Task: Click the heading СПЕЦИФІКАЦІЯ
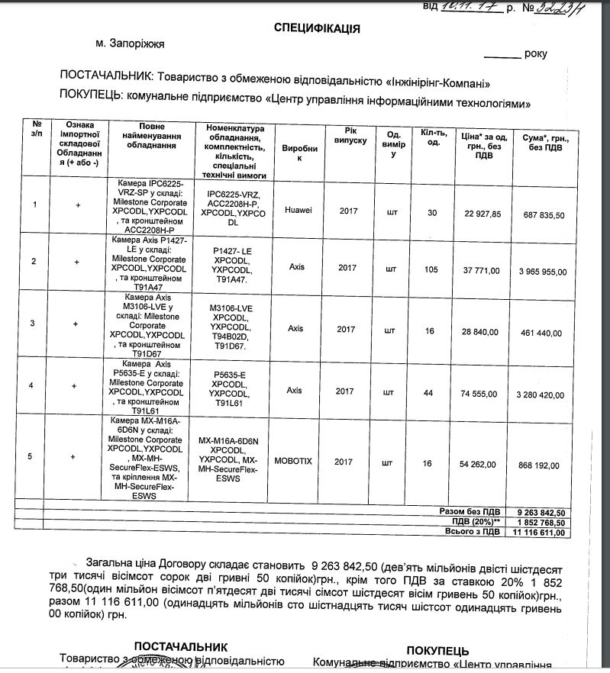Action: (317, 28)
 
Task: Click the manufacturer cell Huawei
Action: (298, 210)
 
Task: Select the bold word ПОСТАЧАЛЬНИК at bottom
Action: (181, 646)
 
